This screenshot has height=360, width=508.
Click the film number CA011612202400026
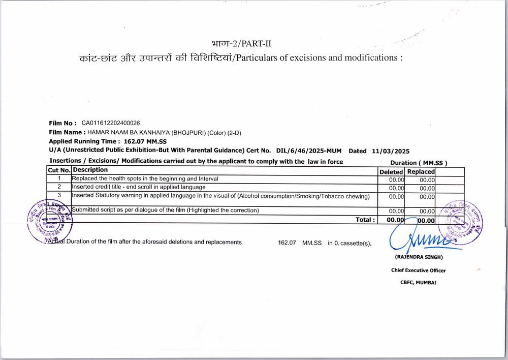111,123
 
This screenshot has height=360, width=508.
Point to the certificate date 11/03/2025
391,151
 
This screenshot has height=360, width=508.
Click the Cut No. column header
59,170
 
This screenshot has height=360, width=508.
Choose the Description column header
90,170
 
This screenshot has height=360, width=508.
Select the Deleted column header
391,172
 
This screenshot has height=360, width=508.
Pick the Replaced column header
421,172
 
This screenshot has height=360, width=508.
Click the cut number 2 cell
59,187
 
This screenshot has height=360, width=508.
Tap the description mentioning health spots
145,179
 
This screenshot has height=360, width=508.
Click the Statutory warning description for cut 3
220,196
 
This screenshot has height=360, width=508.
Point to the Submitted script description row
166,210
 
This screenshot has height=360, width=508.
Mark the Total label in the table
366,220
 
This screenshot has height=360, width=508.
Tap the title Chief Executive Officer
418,271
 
